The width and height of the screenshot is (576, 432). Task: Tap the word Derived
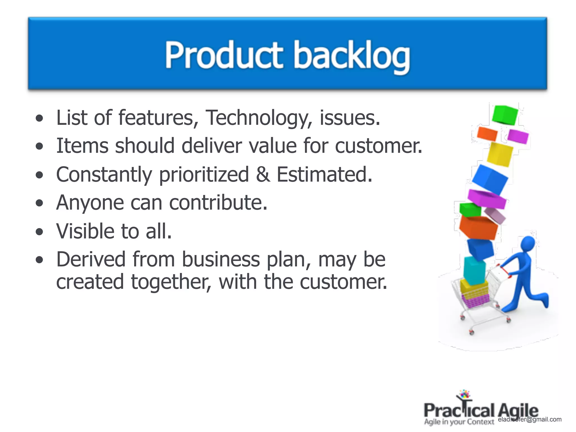click(x=91, y=259)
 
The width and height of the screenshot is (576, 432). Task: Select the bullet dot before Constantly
click(x=40, y=175)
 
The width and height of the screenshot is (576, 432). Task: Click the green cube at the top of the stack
click(x=505, y=114)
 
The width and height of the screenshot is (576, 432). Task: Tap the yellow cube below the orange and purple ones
click(x=499, y=154)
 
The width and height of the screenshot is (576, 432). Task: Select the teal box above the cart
click(x=474, y=270)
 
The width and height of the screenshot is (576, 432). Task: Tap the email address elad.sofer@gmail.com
click(x=530, y=419)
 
